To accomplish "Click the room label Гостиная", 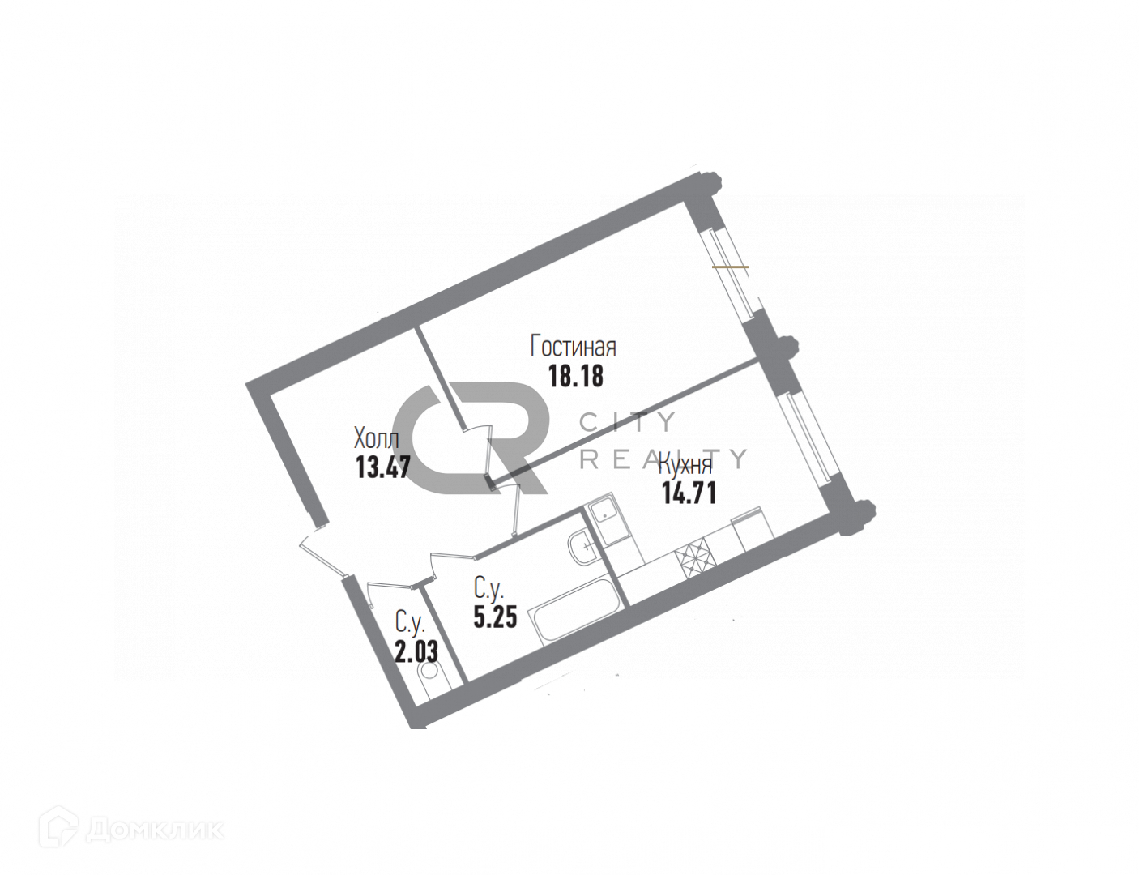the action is click(x=573, y=347).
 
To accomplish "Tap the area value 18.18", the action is click(x=575, y=377).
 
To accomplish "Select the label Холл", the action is click(x=376, y=439).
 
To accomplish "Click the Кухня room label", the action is click(x=685, y=465).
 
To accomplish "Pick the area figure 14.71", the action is click(x=689, y=493).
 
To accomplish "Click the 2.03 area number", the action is click(x=416, y=651).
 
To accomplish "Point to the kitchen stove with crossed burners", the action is click(x=693, y=558).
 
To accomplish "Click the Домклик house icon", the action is click(x=63, y=828).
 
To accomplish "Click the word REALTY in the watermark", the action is click(x=664, y=459).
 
